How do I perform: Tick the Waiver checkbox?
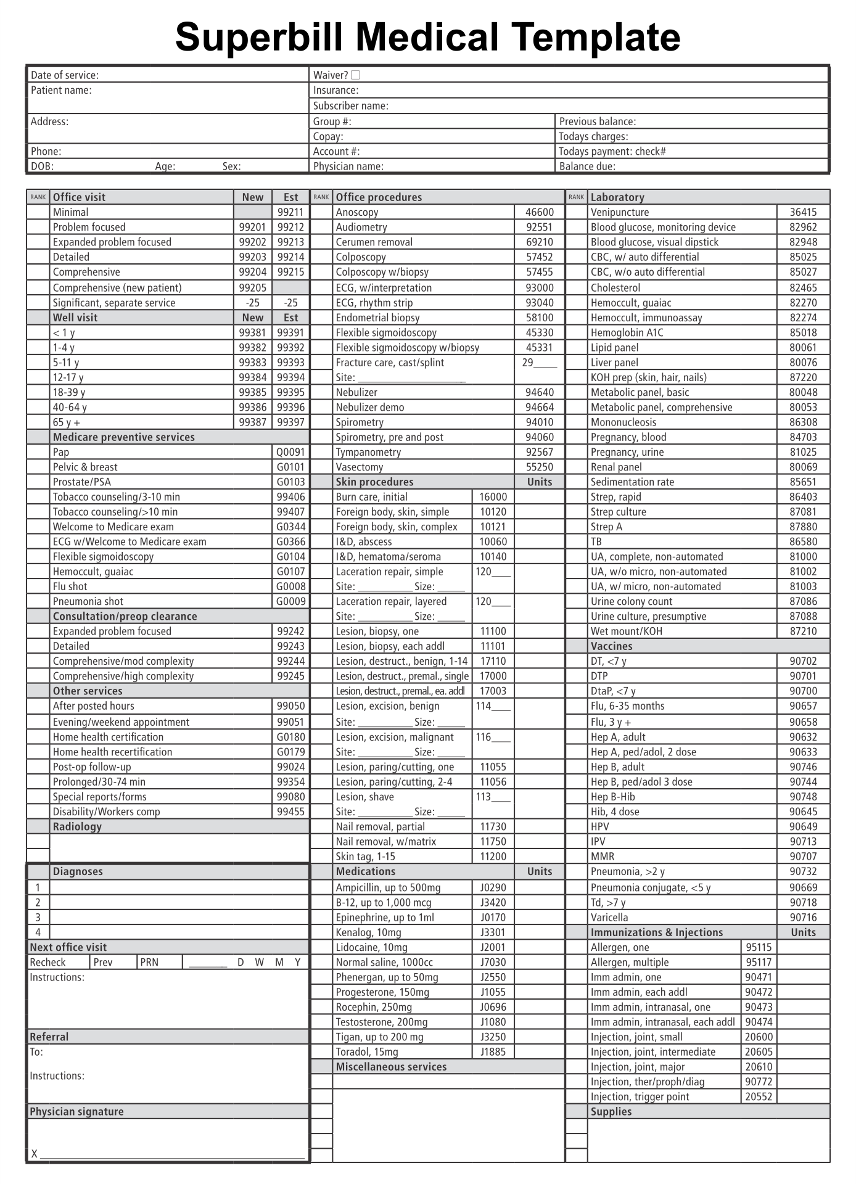point(355,75)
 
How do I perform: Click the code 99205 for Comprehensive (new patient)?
point(252,287)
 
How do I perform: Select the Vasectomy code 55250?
point(539,467)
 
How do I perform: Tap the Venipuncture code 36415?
point(803,212)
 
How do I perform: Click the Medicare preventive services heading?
point(123,437)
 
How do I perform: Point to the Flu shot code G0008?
point(290,586)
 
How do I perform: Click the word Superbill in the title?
point(258,37)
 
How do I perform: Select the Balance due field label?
point(586,166)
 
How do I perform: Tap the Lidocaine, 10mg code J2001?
point(493,947)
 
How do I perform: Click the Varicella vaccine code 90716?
point(803,918)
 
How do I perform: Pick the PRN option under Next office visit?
point(149,962)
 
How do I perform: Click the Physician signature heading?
point(76,1111)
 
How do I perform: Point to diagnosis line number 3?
point(38,918)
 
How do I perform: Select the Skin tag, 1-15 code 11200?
point(493,856)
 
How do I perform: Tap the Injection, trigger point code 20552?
point(758,1096)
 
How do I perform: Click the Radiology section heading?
point(77,826)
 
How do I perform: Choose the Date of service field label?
point(64,75)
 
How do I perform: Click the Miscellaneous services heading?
point(391,1066)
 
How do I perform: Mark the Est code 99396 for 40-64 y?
point(290,407)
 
